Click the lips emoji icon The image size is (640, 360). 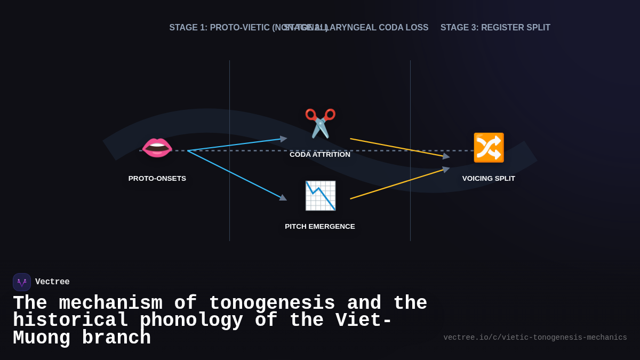pyautogui.click(x=157, y=148)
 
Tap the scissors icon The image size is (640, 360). pyautogui.click(x=320, y=123)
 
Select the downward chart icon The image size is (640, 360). pyautogui.click(x=320, y=196)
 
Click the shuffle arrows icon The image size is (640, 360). pyautogui.click(x=489, y=148)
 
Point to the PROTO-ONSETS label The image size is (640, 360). pyautogui.click(x=157, y=179)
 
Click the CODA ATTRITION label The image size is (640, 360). pyautogui.click(x=320, y=155)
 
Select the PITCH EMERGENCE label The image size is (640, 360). pyautogui.click(x=320, y=227)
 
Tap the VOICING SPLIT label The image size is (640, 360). pyautogui.click(x=489, y=179)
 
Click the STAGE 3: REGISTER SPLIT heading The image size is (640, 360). pyautogui.click(x=495, y=28)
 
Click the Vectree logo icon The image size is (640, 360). pyautogui.click(x=22, y=282)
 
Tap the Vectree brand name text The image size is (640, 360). pyautogui.click(x=52, y=282)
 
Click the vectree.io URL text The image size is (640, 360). pyautogui.click(x=535, y=338)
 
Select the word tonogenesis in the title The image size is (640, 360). pyautogui.click(x=271, y=303)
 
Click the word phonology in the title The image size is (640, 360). pyautogui.click(x=191, y=321)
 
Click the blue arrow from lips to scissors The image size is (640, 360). pyautogui.click(x=237, y=145)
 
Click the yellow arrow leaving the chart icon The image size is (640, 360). pyautogui.click(x=397, y=185)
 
